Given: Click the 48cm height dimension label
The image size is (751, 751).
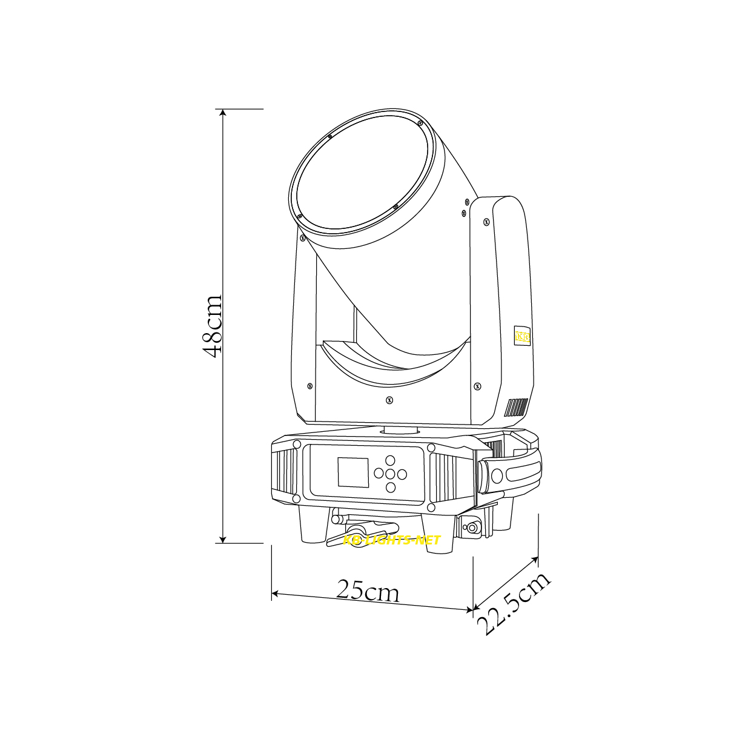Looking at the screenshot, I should tap(213, 326).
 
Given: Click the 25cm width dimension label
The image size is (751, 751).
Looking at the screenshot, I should tap(368, 590).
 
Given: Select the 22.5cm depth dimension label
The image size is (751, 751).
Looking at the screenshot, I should tap(514, 602).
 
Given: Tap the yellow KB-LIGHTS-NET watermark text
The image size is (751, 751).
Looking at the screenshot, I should tap(391, 540).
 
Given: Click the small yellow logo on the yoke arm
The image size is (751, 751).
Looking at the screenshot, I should tap(522, 337).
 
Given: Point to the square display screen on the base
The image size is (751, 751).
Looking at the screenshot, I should tap(352, 472).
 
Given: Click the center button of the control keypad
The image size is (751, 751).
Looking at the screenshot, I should tap(390, 474).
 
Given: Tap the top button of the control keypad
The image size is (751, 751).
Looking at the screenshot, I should tap(390, 460).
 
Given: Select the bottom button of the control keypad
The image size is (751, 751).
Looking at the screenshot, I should tap(390, 488).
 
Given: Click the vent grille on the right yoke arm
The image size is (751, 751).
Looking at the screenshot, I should tap(515, 408).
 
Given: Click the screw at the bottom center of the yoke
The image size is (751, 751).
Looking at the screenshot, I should tap(389, 400).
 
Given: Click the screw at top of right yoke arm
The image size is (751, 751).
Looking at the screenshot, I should tap(486, 222).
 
